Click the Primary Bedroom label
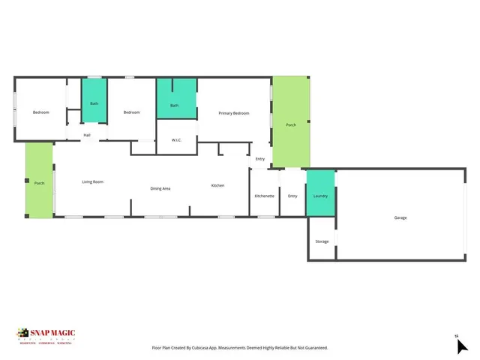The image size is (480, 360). coord(233,113)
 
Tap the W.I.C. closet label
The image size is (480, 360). coord(177,139)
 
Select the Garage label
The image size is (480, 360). coord(400,217)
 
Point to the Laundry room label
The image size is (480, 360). coord(320,196)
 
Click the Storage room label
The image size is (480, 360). coord(322,241)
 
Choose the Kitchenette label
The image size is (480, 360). coord(264,196)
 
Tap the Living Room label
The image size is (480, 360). coord(92,182)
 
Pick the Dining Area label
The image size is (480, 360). coord(160,188)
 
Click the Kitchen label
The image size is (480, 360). coord(217,185)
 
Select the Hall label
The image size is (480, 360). coord(87,135)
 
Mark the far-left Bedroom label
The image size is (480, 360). coord(40,112)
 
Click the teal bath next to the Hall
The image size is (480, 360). coord(94,103)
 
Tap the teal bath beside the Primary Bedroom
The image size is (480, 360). coord(174,106)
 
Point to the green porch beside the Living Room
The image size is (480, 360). coord(39,182)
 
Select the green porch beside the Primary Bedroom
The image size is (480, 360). coord(290,124)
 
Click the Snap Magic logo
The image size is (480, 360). coord(46,334)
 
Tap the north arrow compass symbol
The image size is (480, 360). coord(461,345)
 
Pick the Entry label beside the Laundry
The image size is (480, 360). coord(292,196)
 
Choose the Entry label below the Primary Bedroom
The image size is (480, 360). coord(259,159)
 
